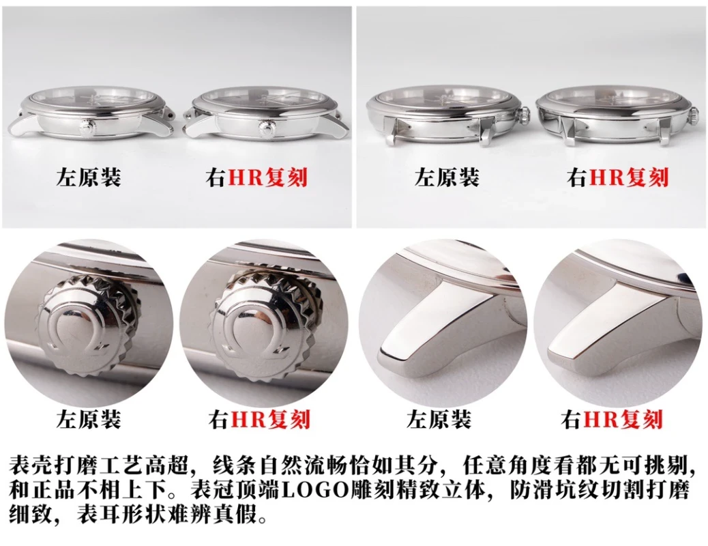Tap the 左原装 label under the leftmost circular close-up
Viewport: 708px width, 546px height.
point(88,419)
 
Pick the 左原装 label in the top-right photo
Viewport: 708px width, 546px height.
point(447,179)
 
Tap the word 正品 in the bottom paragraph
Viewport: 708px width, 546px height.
point(55,490)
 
